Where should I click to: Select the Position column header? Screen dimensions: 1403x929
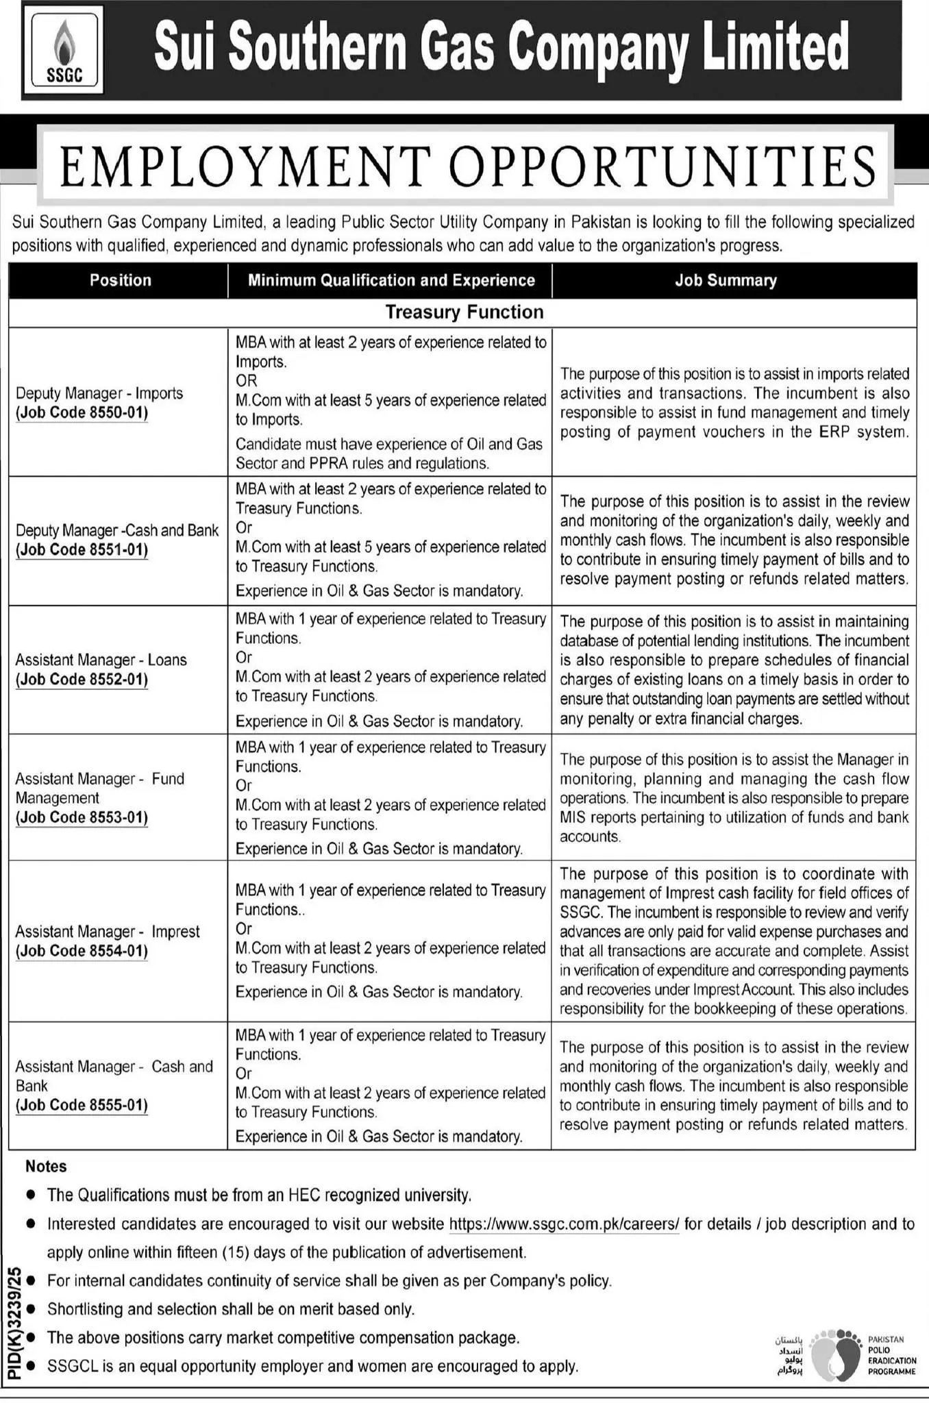coord(120,280)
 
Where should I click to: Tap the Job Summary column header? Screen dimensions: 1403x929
coord(726,280)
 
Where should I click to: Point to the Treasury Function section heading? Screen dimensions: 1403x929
coord(464,312)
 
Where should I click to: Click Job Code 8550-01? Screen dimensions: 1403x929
coord(82,413)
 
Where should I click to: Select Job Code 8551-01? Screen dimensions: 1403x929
coord(82,550)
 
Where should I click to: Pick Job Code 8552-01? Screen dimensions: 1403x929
coord(82,680)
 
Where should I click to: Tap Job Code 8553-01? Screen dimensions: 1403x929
coord(82,818)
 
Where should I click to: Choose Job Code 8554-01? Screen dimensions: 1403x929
coord(82,952)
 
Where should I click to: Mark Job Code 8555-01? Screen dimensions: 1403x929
coord(82,1105)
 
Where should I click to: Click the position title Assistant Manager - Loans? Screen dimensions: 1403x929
coord(101,660)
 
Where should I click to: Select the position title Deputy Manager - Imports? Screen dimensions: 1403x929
coord(99,393)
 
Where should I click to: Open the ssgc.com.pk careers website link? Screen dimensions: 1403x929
coord(564,1224)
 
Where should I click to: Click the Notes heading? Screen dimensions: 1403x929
coord(46,1166)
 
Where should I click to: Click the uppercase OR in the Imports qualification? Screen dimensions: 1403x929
coord(246,381)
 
